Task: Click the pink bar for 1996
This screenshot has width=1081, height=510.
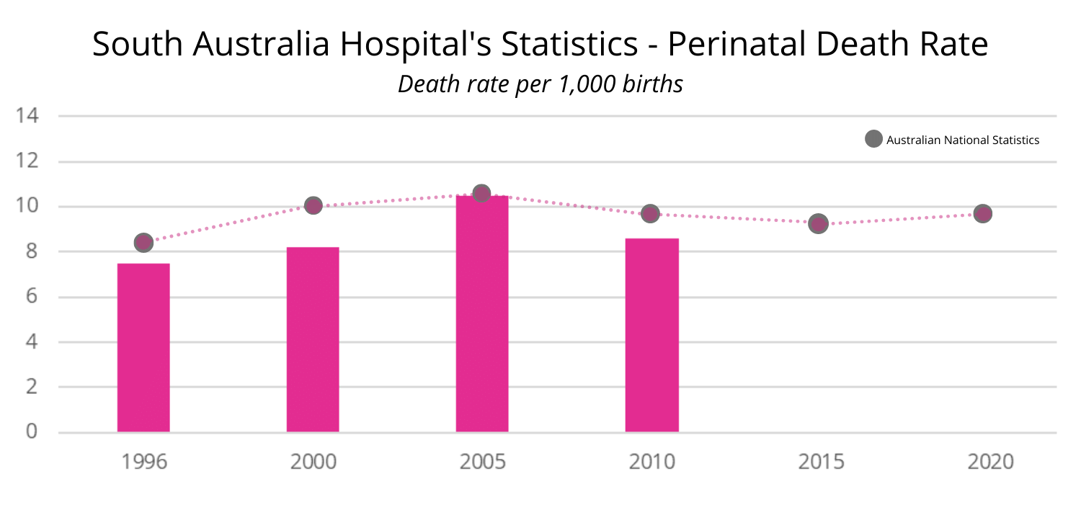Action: [x=143, y=348]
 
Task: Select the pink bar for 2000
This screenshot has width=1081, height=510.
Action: [x=313, y=339]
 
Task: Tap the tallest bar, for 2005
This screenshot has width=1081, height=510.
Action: [x=482, y=314]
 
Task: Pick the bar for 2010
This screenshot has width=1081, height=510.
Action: [x=651, y=335]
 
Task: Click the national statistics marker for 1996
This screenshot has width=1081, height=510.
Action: [x=143, y=242]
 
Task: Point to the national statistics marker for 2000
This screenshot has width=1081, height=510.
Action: [x=313, y=205]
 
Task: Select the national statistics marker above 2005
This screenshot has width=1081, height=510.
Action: [x=481, y=193]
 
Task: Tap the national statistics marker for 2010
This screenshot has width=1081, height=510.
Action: [x=651, y=213]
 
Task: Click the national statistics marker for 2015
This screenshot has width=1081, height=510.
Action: [x=818, y=223]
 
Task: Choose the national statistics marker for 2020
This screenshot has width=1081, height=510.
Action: [x=983, y=213]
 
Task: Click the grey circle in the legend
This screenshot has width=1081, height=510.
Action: [x=873, y=140]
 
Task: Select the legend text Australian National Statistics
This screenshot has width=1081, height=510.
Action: [x=963, y=140]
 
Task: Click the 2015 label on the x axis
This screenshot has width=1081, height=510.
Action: [x=821, y=462]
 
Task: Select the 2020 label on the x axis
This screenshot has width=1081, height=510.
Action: [x=990, y=462]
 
